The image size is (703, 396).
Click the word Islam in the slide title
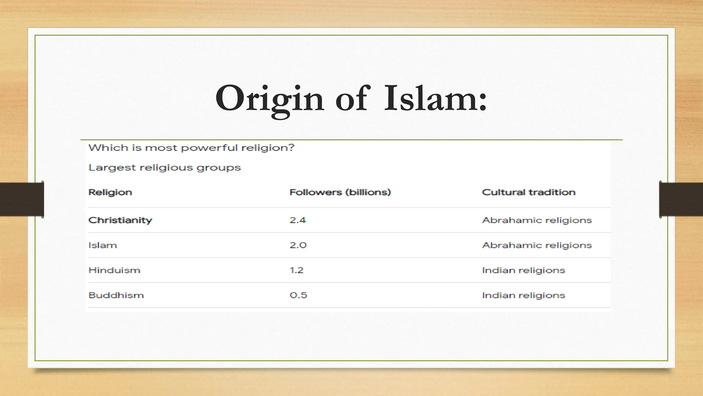(x=435, y=99)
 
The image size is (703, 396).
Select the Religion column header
(x=110, y=192)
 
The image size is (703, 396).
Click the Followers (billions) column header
(x=340, y=192)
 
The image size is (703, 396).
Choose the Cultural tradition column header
(x=529, y=192)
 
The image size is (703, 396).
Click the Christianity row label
(x=120, y=220)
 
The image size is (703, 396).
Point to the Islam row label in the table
(x=103, y=245)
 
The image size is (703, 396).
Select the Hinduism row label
(x=114, y=270)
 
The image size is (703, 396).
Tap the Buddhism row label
(x=116, y=295)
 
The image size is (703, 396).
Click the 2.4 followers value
(x=298, y=220)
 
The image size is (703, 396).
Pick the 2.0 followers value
(x=298, y=245)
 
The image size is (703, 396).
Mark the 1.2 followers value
(x=297, y=270)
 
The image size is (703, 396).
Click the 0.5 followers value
(x=298, y=295)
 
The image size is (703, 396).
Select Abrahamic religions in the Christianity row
(x=537, y=220)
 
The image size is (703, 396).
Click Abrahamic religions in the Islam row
(x=537, y=245)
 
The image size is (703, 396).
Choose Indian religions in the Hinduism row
(x=523, y=270)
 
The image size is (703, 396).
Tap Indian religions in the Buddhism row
(x=523, y=295)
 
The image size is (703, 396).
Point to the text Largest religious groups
(x=164, y=168)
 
